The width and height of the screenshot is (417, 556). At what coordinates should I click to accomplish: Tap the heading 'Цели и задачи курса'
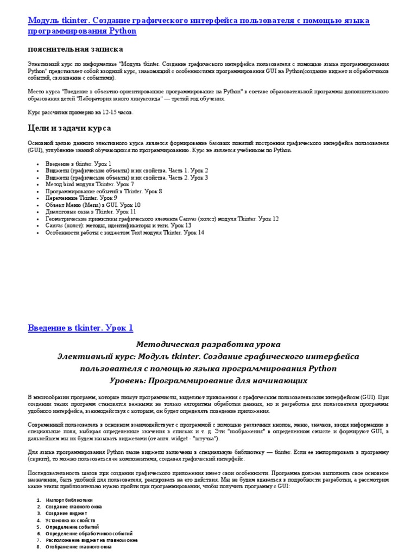tap(69, 128)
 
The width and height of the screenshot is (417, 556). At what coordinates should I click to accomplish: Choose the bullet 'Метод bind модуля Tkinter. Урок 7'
tap(90, 185)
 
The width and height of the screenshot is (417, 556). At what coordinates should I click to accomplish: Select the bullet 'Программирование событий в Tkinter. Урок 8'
tap(104, 192)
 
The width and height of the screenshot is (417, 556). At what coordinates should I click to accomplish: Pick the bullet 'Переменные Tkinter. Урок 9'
tap(81, 198)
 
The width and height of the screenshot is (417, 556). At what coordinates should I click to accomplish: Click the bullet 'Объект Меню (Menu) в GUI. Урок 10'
tap(93, 205)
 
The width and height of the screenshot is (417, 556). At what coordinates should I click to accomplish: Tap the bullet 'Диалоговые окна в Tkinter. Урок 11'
tap(91, 212)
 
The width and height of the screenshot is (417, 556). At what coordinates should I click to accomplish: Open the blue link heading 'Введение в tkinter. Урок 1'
tap(80, 328)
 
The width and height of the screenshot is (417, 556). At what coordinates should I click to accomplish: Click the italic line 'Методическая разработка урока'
tap(208, 345)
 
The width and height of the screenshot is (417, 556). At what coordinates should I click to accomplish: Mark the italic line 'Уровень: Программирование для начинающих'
tap(208, 381)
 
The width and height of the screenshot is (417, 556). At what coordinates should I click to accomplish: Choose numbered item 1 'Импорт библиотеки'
tap(69, 500)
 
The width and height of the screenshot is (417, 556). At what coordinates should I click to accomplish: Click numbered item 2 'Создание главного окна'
tap(74, 507)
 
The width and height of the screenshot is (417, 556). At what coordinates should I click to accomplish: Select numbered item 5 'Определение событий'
tap(72, 527)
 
